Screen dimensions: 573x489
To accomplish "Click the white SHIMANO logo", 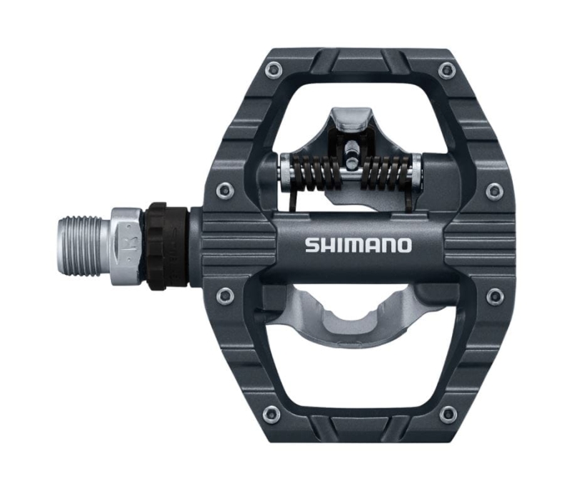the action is [x=358, y=245].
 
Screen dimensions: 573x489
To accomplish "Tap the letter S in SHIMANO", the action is [x=312, y=245].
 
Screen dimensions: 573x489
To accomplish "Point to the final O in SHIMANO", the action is [x=404, y=245].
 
